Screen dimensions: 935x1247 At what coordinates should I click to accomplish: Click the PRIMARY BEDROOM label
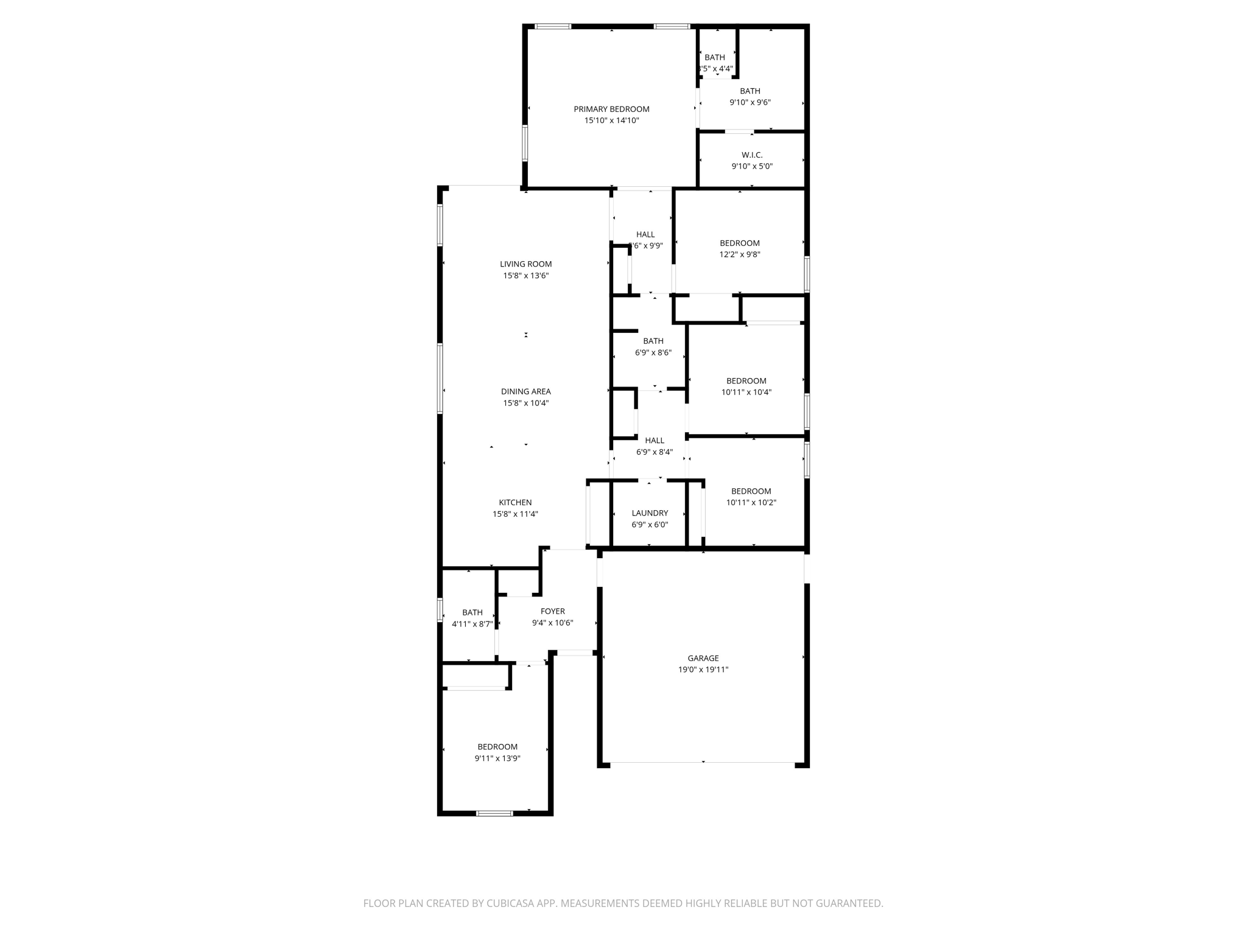[x=611, y=109]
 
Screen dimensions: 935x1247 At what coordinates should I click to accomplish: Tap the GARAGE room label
[x=703, y=658]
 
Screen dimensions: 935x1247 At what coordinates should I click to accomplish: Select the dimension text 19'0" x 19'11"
[x=703, y=670]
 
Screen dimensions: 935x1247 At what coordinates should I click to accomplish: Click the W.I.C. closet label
[x=752, y=155]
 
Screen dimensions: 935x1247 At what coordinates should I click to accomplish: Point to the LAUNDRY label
[x=650, y=513]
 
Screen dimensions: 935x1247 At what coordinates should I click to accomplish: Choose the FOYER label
[x=553, y=611]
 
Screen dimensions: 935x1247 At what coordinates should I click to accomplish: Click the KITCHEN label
[x=515, y=502]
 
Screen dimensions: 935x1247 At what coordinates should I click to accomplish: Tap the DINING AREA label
[x=525, y=391]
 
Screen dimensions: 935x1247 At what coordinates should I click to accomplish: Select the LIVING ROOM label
[x=525, y=264]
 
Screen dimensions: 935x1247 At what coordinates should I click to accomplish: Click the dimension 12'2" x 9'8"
[x=740, y=254]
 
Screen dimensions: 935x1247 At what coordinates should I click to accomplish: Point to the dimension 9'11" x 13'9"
[x=497, y=758]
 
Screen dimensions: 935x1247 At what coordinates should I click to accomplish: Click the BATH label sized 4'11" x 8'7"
[x=472, y=612]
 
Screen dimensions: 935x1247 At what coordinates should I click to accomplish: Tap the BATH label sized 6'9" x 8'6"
[x=653, y=341]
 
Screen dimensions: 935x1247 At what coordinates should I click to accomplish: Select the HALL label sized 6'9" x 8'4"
[x=655, y=440]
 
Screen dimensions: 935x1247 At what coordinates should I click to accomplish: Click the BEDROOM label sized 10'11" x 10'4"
[x=746, y=381]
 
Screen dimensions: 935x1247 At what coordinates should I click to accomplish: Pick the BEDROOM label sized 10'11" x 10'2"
[x=751, y=491]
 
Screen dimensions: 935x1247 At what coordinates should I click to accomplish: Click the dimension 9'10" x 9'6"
[x=750, y=102]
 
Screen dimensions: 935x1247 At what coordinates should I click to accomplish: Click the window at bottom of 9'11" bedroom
[x=494, y=813]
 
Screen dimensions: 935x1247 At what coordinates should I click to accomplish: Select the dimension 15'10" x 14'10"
[x=611, y=121]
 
